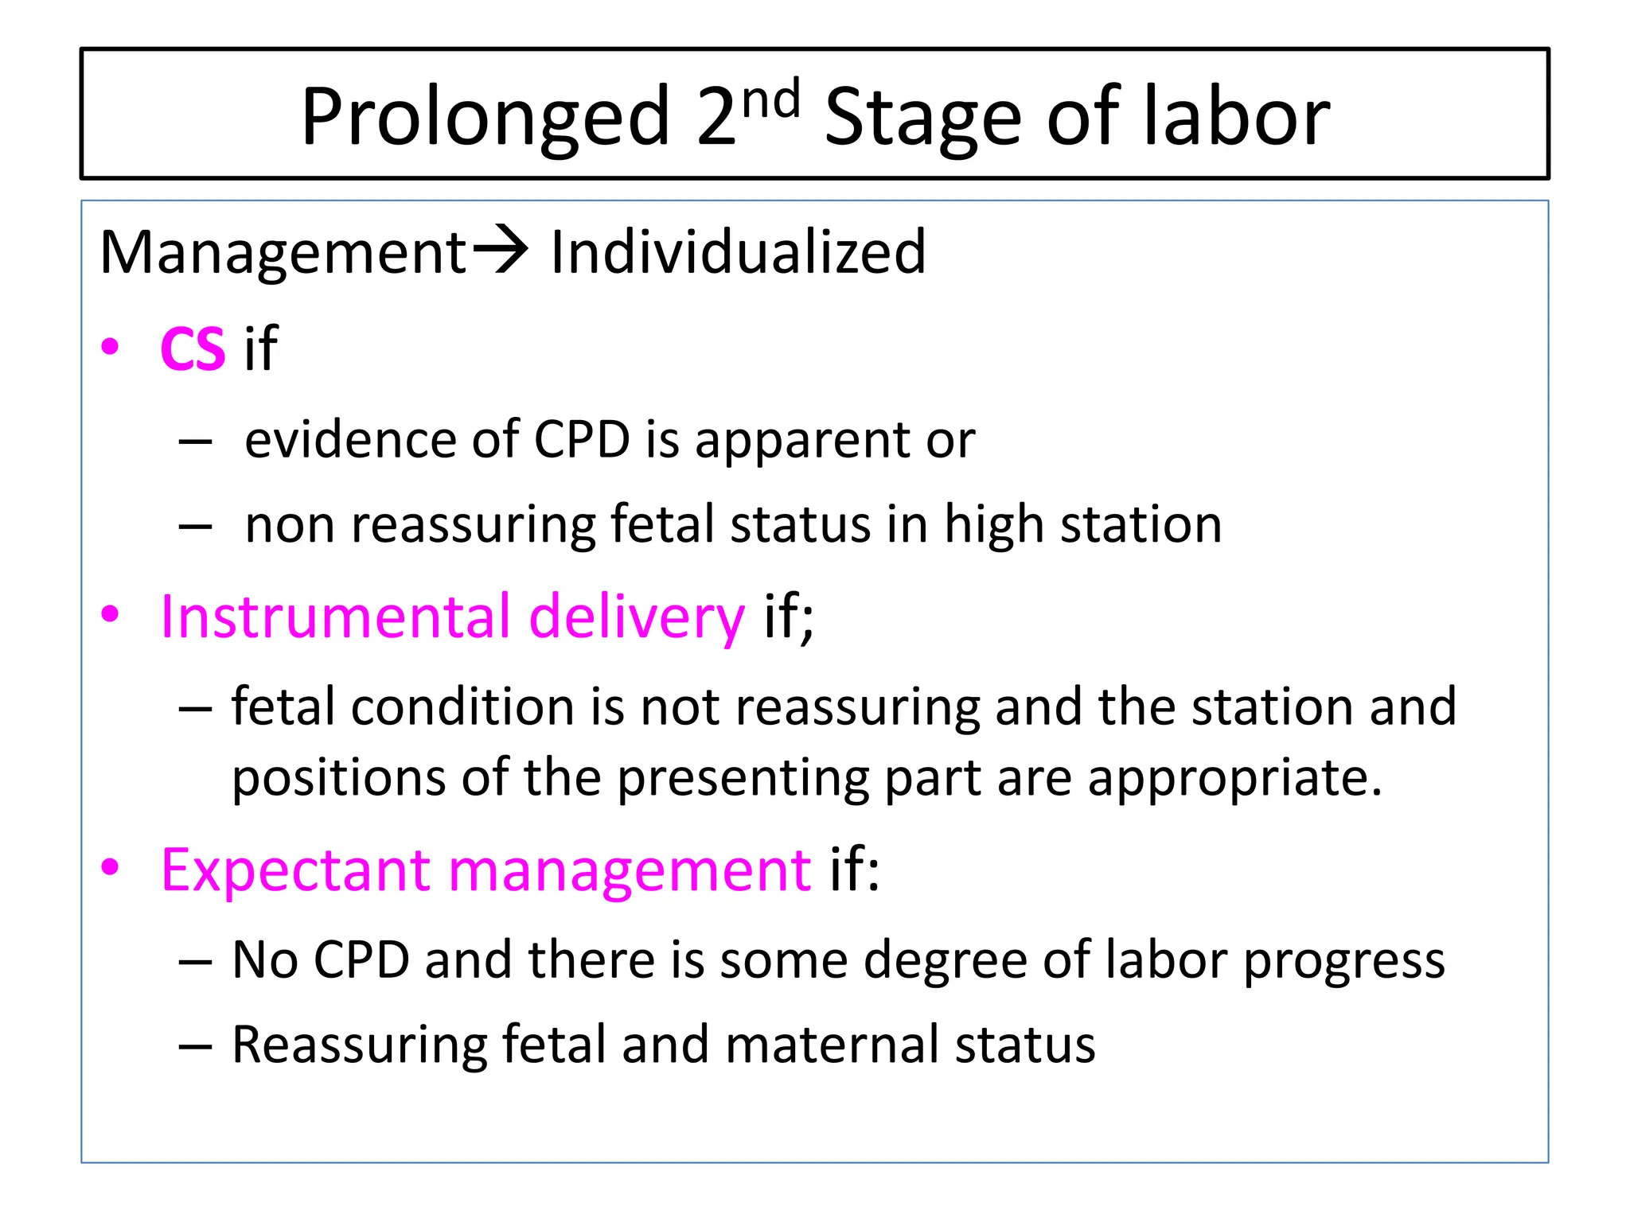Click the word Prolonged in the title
click(485, 117)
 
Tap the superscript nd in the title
click(770, 101)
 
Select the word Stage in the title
click(922, 117)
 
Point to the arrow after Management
click(501, 250)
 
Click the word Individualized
click(738, 251)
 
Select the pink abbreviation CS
click(193, 348)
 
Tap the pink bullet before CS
click(110, 347)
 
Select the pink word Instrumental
click(334, 617)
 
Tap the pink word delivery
click(637, 618)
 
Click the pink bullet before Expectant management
click(110, 867)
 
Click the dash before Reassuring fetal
click(195, 1045)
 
